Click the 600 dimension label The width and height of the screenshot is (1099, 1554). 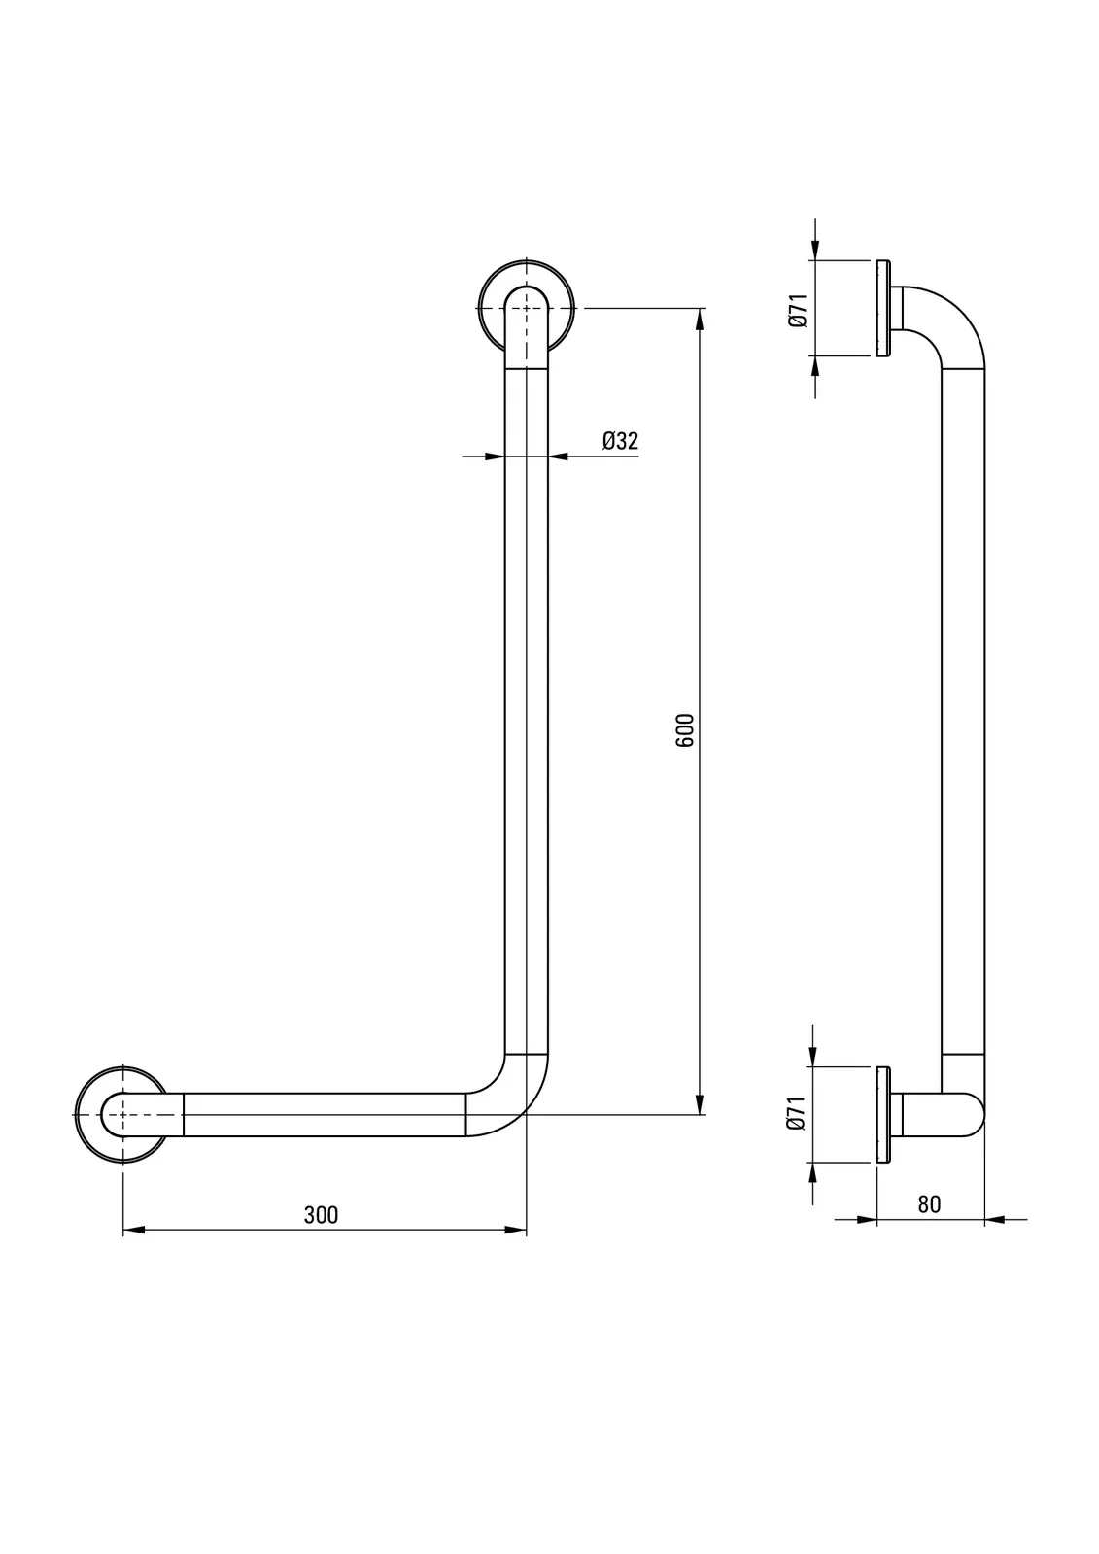[x=684, y=729]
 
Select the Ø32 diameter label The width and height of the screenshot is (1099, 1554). [x=620, y=441]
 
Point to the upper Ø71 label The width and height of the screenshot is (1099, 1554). [x=799, y=309]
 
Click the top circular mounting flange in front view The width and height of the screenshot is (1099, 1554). [x=479, y=309]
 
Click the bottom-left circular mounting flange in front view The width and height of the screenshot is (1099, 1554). [x=76, y=1115]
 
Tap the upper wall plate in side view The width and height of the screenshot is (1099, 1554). [x=883, y=309]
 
